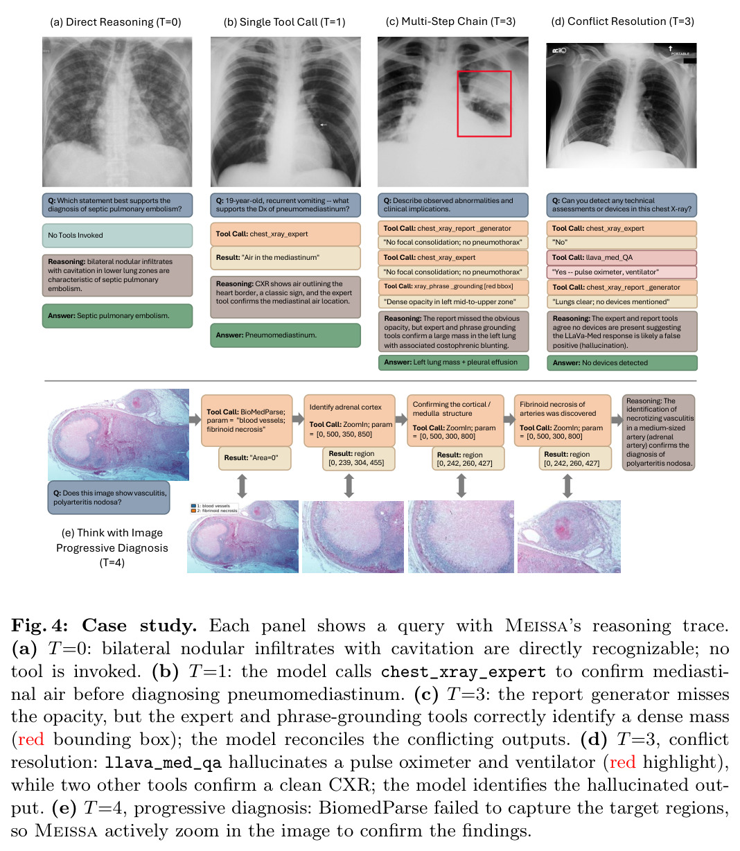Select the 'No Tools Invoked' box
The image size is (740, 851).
[117, 236]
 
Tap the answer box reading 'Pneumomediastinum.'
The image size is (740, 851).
[285, 335]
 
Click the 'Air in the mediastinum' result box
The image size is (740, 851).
[285, 258]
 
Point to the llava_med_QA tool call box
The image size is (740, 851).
[622, 258]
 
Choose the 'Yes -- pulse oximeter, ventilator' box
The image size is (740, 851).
[622, 272]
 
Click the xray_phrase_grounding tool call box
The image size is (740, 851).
[453, 287]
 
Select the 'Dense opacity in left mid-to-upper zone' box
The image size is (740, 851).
[453, 301]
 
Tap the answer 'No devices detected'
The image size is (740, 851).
[622, 362]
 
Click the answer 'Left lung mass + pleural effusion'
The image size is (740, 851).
[453, 362]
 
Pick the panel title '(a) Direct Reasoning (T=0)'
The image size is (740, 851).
[116, 22]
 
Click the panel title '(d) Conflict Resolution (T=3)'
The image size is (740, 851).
[622, 21]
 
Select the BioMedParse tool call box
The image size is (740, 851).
[247, 421]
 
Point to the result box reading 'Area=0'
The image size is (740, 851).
[254, 458]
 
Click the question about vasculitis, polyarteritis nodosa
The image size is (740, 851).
[109, 498]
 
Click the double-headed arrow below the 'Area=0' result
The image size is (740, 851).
[242, 486]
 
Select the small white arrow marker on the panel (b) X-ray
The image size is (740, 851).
[323, 124]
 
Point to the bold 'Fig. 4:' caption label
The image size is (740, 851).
[39, 625]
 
